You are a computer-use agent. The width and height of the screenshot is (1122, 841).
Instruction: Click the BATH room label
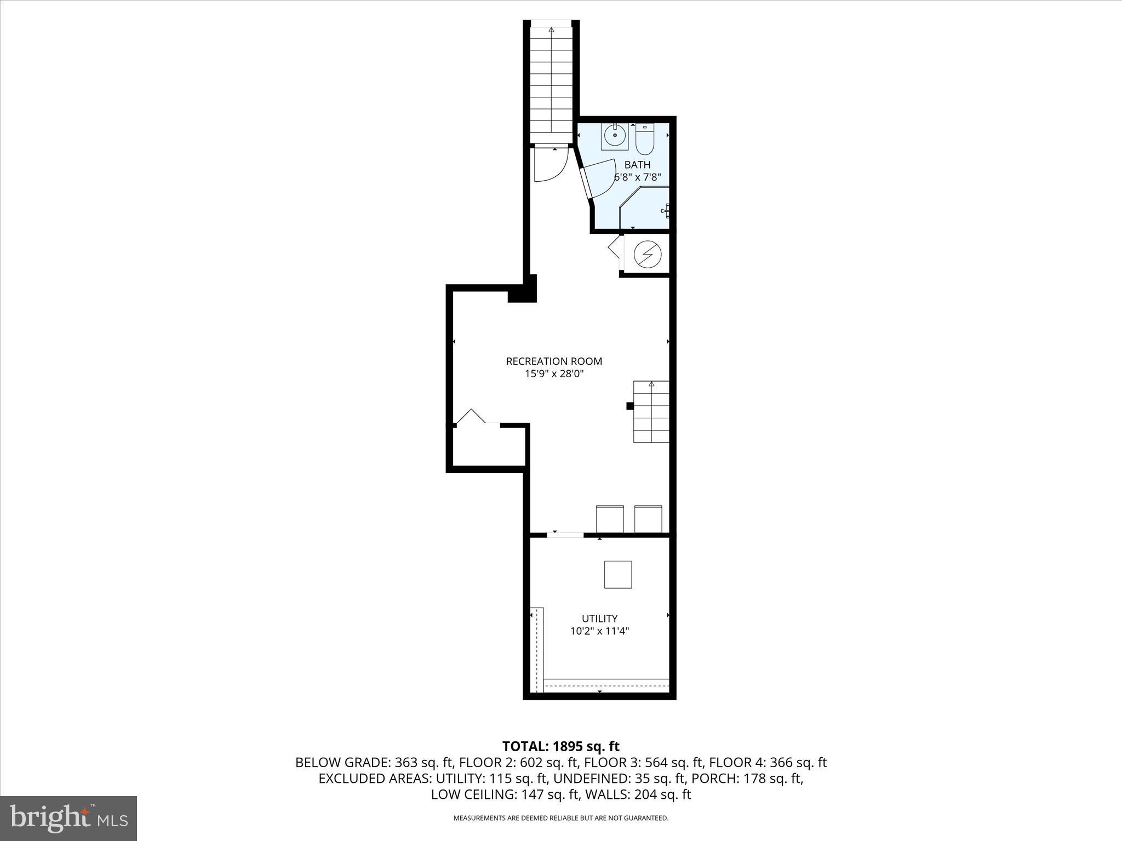coord(637,165)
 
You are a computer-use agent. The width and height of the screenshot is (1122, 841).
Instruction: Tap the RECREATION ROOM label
coord(554,361)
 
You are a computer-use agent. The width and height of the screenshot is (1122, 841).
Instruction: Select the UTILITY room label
coord(599,619)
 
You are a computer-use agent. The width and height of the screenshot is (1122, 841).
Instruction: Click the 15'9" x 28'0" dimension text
coord(554,375)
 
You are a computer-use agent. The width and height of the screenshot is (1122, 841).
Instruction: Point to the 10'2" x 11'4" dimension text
coord(599,631)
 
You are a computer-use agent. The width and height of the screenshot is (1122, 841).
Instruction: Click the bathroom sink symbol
coord(615,135)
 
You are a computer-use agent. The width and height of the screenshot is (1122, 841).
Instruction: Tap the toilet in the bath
coord(645,140)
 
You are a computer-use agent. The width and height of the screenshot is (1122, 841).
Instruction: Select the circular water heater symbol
coord(647,254)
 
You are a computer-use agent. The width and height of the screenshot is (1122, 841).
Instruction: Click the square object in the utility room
coord(618,574)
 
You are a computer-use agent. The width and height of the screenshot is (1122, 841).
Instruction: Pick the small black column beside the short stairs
coord(630,406)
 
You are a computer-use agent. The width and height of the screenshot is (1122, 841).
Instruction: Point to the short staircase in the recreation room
coord(651,412)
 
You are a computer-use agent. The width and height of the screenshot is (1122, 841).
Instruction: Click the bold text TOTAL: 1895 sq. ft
coord(560,746)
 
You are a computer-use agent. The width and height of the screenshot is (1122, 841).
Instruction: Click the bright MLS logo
coord(68,818)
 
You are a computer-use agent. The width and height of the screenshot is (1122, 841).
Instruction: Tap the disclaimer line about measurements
coord(560,818)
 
